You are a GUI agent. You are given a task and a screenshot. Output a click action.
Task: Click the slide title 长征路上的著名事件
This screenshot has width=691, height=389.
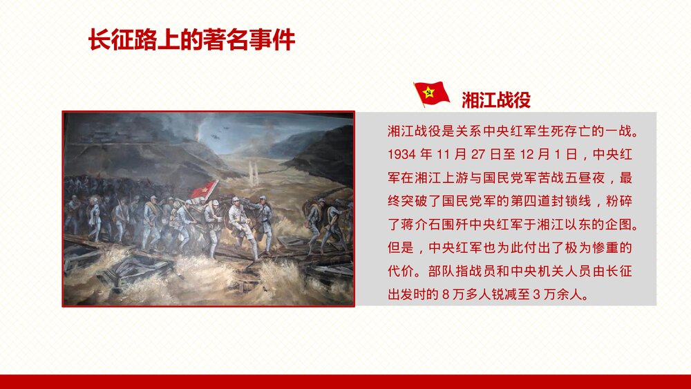tap(191, 40)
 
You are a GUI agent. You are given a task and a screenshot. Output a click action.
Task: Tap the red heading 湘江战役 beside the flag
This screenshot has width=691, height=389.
tap(495, 100)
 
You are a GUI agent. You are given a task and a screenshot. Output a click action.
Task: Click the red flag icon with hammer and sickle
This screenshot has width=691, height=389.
tap(431, 94)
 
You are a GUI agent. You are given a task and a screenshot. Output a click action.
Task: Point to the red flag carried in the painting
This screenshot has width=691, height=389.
tap(205, 189)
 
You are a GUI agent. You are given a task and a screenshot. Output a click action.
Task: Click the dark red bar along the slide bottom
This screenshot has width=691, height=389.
tap(345, 381)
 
